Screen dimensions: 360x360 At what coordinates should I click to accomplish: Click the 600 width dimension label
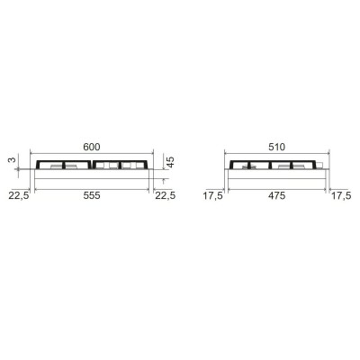pos(92,147)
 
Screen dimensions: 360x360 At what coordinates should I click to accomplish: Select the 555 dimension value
pos(92,195)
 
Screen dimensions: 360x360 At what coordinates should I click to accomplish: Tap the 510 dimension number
pos(277,147)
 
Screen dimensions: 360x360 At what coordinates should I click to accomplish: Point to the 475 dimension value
pos(277,195)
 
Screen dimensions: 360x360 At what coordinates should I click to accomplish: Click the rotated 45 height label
pos(170,162)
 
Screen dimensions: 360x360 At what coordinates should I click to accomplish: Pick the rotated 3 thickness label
pos(12,160)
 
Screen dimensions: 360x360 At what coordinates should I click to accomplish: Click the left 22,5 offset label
pos(19,195)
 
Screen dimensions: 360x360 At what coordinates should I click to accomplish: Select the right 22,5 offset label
pos(165,195)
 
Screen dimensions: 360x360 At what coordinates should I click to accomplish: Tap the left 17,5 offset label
pos(212,195)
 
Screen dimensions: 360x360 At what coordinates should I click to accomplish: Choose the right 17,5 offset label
pos(341,195)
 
